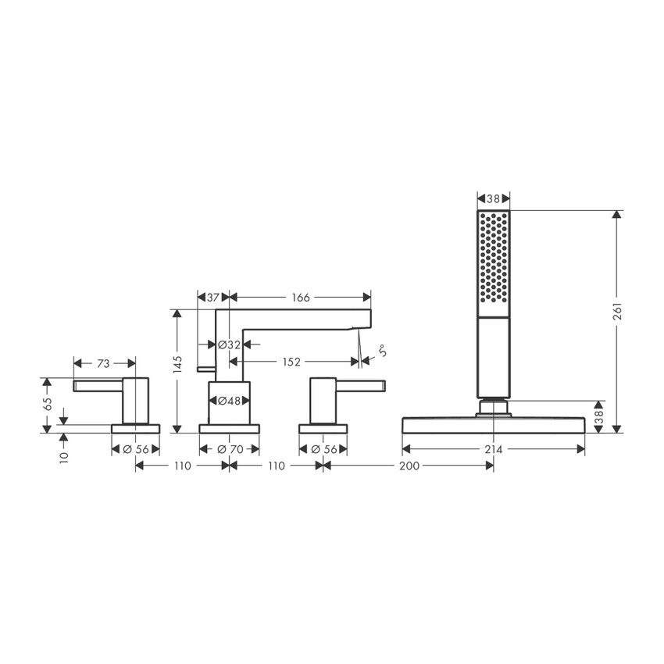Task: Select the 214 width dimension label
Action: point(494,449)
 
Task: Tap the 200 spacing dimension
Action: point(408,466)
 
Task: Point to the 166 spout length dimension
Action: point(300,298)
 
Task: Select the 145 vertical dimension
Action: point(178,364)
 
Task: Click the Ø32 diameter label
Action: point(229,344)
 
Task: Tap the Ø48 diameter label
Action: point(229,401)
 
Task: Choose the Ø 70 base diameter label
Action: point(229,449)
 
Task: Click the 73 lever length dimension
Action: point(104,363)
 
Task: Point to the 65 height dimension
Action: point(48,404)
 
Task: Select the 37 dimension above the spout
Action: point(212,298)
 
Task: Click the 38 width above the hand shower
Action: point(493,199)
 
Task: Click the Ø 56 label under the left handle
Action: point(136,449)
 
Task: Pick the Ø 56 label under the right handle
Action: point(323,449)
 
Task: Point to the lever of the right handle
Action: point(361,384)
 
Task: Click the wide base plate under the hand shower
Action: point(493,425)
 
